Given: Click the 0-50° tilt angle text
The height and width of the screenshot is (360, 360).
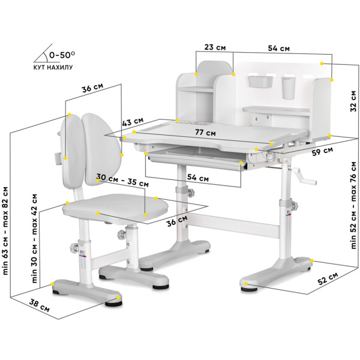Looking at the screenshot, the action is pyautogui.click(x=62, y=55).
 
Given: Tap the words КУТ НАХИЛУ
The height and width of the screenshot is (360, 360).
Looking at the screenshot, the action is pyautogui.click(x=53, y=67).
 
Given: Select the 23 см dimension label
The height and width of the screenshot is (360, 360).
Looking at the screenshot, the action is pyautogui.click(x=215, y=47).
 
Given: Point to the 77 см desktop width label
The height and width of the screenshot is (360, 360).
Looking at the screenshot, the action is pyautogui.click(x=205, y=133).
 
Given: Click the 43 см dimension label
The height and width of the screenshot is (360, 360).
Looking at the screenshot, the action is pyautogui.click(x=133, y=121).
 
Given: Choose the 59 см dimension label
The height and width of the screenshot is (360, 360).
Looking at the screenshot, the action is pyautogui.click(x=322, y=151).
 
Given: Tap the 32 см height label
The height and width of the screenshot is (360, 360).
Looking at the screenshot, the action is pyautogui.click(x=353, y=101).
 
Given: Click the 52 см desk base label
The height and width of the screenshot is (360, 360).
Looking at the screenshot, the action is pyautogui.click(x=328, y=278).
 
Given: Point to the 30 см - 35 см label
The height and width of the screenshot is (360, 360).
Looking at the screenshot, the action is pyautogui.click(x=122, y=180).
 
